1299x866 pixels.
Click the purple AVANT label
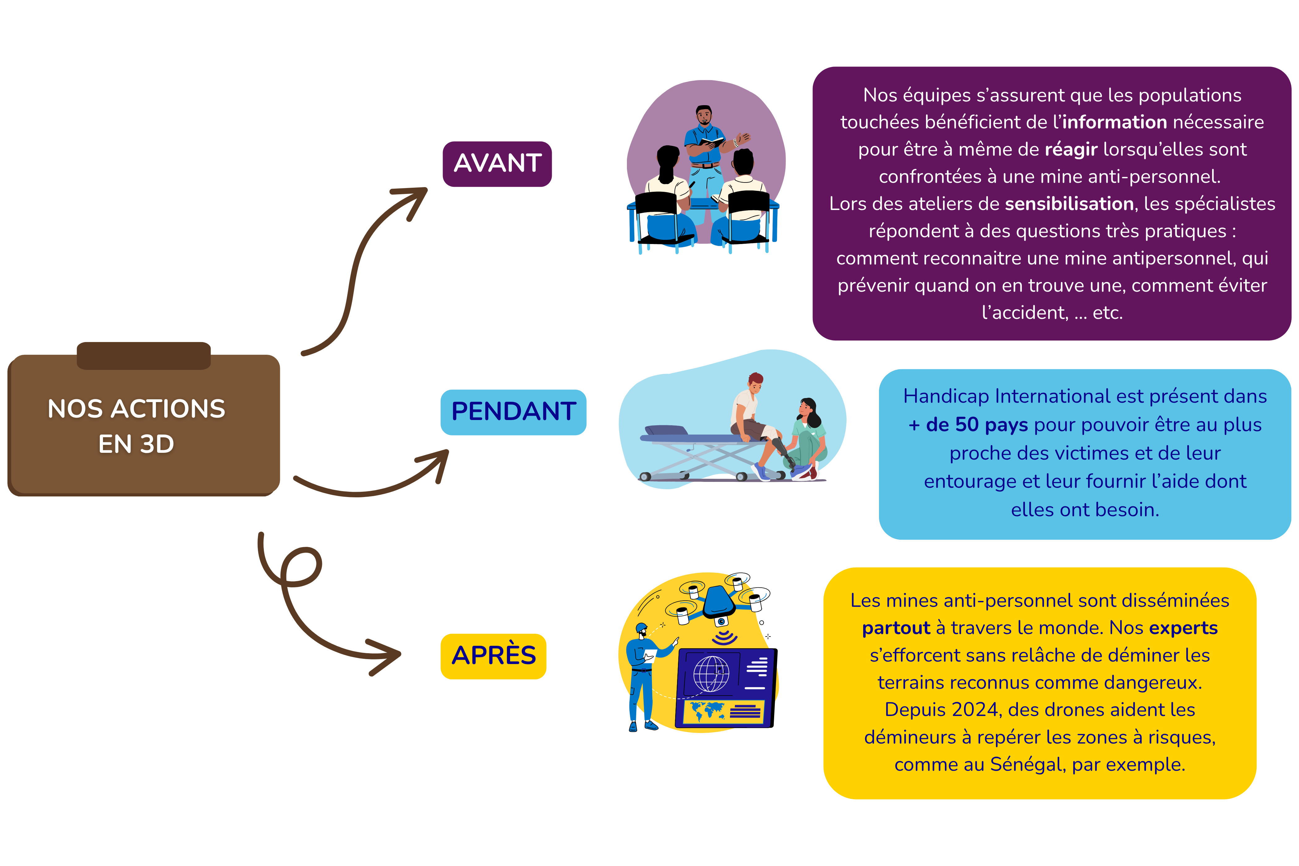pyautogui.click(x=497, y=164)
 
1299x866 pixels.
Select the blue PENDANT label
pyautogui.click(x=513, y=412)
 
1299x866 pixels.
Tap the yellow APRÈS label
pyautogui.click(x=493, y=656)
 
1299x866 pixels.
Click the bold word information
pyautogui.click(x=1114, y=122)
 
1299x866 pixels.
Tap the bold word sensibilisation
pyautogui.click(x=1069, y=204)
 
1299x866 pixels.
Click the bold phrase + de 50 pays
pyautogui.click(x=968, y=425)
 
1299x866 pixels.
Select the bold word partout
pyautogui.click(x=896, y=628)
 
